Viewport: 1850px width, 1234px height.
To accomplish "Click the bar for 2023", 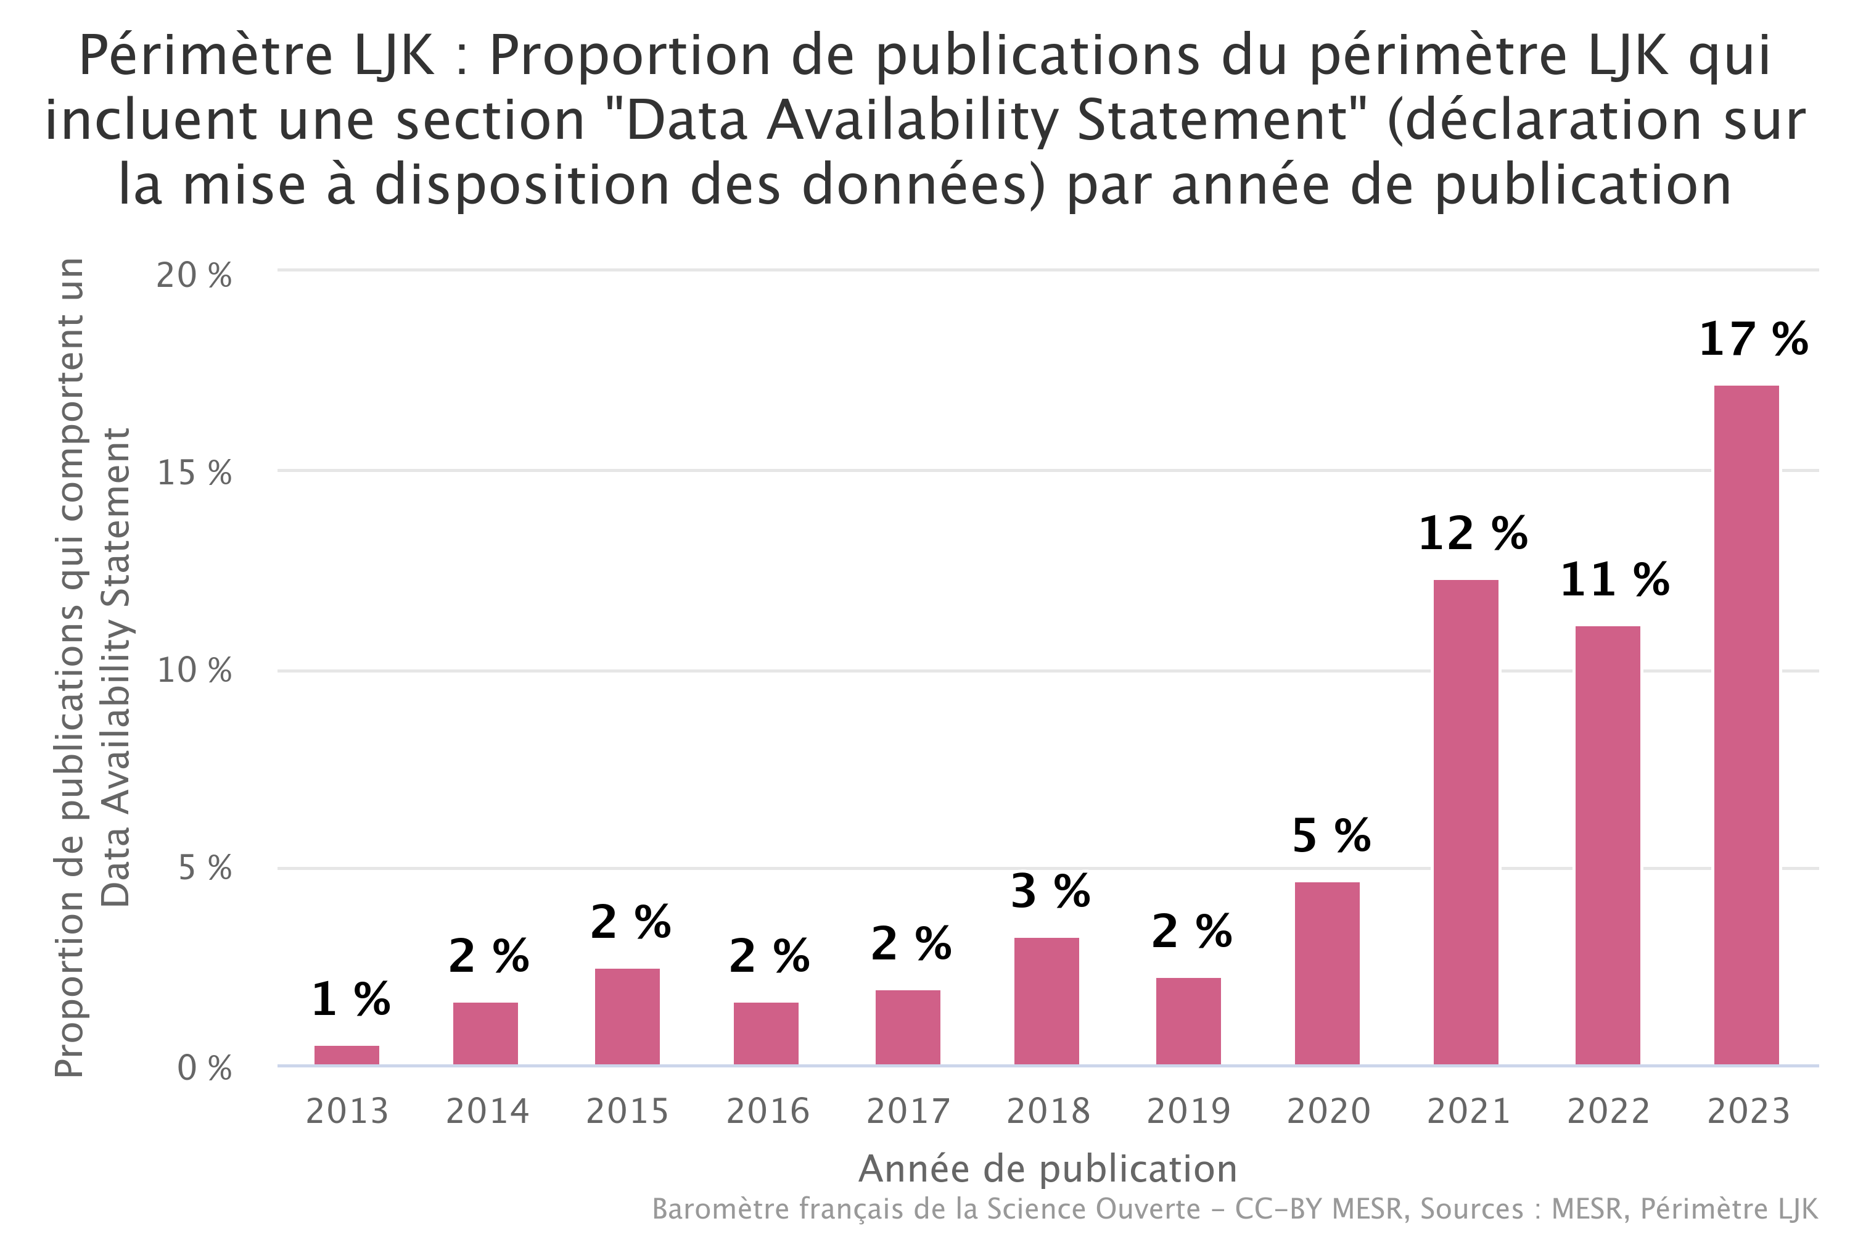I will tap(1746, 725).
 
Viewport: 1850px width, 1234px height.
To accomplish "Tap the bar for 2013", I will tap(347, 1055).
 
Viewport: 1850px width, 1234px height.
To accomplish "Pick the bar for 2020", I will tap(1327, 974).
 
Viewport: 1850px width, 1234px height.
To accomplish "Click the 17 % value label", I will tap(1753, 340).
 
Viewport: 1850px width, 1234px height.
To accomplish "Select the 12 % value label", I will tap(1473, 534).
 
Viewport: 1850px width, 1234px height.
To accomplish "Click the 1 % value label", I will tap(351, 1000).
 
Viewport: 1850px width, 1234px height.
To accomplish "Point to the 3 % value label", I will tap(1050, 892).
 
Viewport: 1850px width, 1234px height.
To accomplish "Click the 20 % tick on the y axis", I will tap(194, 275).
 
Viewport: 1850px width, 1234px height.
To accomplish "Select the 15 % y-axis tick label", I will tap(194, 473).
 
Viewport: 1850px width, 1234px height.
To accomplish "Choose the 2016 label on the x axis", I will tap(768, 1111).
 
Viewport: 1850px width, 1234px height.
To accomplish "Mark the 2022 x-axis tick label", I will tap(1608, 1111).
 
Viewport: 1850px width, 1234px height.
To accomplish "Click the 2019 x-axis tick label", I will tap(1188, 1111).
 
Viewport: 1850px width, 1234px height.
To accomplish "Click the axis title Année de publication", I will tap(1048, 1169).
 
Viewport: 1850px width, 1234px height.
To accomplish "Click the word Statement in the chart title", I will tap(1213, 120).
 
